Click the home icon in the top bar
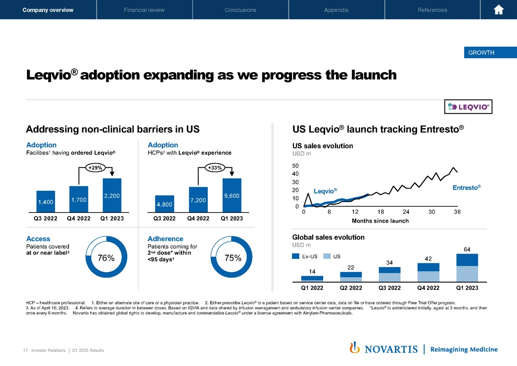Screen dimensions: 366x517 498,10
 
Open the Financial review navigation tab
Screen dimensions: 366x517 144,10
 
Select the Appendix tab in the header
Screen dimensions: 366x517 336,10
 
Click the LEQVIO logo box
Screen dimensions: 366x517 468,107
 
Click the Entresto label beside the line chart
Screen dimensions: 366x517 466,188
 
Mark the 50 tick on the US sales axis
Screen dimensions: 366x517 295,166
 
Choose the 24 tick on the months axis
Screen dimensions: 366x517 406,212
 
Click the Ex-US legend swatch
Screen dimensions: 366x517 296,256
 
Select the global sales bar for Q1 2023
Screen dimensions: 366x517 468,267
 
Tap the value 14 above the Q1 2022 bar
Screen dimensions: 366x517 312,272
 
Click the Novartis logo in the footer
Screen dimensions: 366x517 384,349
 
